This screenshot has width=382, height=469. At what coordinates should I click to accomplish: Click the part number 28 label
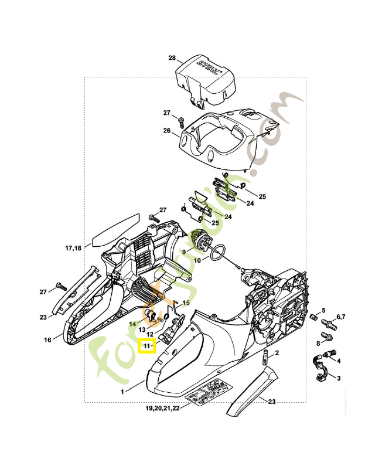[x=172, y=58]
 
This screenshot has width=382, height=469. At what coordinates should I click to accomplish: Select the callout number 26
[x=166, y=131]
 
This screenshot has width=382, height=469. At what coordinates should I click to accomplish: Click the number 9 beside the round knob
[x=183, y=252]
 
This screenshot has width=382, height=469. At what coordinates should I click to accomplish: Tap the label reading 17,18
[x=73, y=249]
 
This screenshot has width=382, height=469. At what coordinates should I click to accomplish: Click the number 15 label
[x=187, y=303]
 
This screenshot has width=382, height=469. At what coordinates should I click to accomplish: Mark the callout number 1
[x=122, y=391]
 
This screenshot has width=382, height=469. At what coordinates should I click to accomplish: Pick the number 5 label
[x=323, y=310]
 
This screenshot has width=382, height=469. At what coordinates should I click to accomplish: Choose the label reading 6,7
[x=339, y=317]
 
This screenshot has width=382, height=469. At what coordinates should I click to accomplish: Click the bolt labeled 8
[x=325, y=339]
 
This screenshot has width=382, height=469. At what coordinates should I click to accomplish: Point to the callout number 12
[x=150, y=334]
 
